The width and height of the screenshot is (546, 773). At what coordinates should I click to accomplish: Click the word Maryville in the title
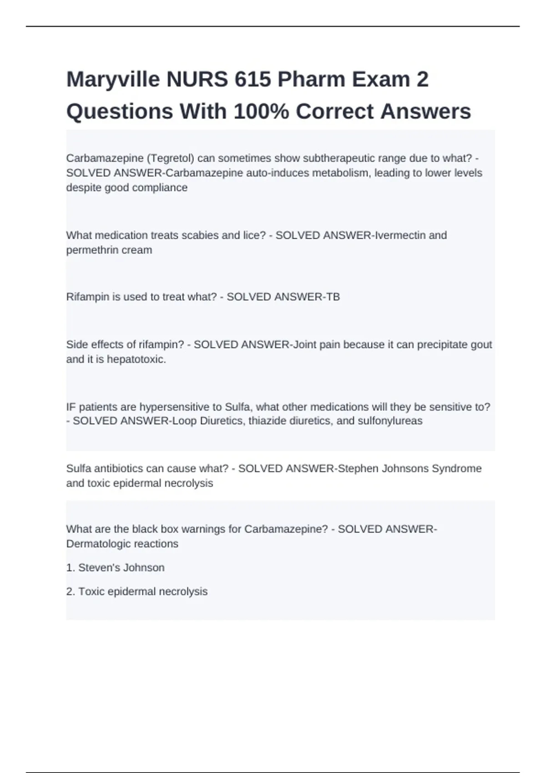point(113,80)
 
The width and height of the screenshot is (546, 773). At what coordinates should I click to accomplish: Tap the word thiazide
point(271,421)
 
